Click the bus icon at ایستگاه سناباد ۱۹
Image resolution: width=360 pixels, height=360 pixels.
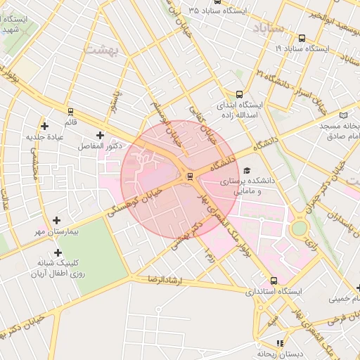click(x=302, y=38)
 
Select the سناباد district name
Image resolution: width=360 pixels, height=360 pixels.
click(x=265, y=29)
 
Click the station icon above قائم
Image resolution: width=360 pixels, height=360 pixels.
click(x=70, y=111)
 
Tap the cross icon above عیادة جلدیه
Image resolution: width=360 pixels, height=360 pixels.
click(x=45, y=126)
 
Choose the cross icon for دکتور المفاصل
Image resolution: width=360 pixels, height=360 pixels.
click(x=99, y=134)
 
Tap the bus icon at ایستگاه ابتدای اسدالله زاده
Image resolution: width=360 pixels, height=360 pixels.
click(x=239, y=94)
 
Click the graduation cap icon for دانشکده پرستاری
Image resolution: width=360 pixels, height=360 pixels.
click(x=246, y=171)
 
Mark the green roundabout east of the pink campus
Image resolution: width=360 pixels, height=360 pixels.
click(x=300, y=228)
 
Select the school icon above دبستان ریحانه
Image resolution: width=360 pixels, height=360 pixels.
click(x=281, y=343)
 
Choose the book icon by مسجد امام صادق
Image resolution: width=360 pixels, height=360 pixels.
click(x=343, y=115)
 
